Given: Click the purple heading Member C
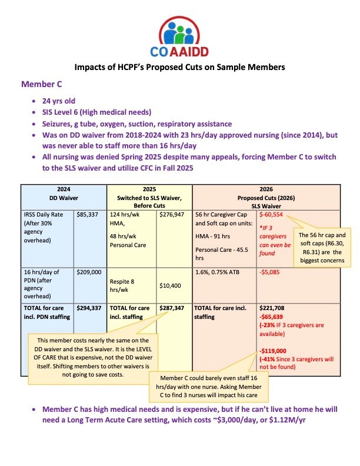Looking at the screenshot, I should pyautogui.click(x=43, y=85).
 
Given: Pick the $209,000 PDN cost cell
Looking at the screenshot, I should pyautogui.click(x=89, y=272).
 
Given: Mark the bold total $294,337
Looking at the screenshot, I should pyautogui.click(x=89, y=307).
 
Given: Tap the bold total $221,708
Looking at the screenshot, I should pyautogui.click(x=273, y=307).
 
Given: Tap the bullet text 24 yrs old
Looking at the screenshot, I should pyautogui.click(x=64, y=101).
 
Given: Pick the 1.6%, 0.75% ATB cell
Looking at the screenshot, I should pyautogui.click(x=217, y=272).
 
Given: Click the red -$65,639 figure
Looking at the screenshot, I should pyautogui.click(x=274, y=316).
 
